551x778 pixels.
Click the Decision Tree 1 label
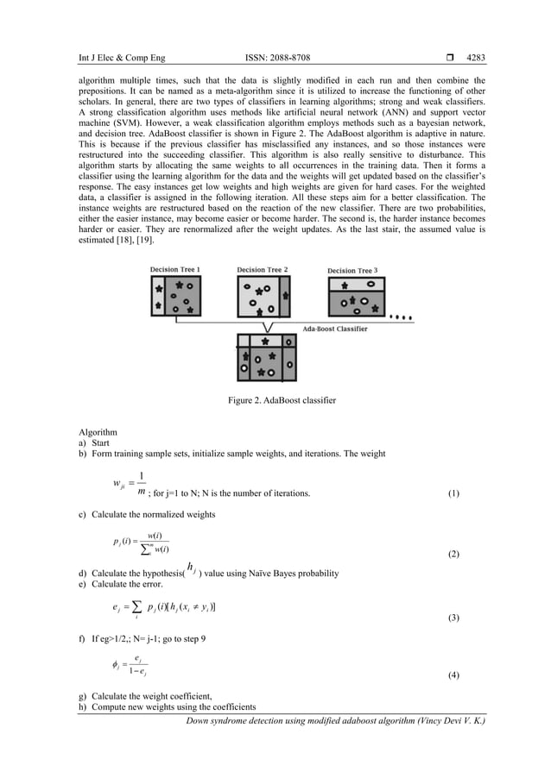176,270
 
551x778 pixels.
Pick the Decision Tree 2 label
263,270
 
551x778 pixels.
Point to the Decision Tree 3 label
352,271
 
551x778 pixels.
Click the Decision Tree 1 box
176,295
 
